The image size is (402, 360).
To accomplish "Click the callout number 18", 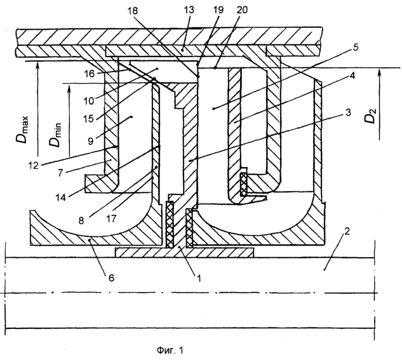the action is pyautogui.click(x=133, y=11).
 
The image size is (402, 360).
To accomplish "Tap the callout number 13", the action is pyautogui.click(x=189, y=10).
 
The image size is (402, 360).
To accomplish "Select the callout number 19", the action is pyautogui.click(x=218, y=10).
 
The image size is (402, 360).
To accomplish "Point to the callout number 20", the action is pyautogui.click(x=242, y=10).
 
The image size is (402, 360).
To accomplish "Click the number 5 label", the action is pyautogui.click(x=356, y=48).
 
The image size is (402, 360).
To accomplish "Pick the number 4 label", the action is pyautogui.click(x=352, y=76).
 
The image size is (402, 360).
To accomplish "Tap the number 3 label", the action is pyautogui.click(x=348, y=112).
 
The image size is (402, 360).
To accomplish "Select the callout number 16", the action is pyautogui.click(x=90, y=74).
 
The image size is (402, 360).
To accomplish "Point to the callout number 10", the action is pyautogui.click(x=88, y=101).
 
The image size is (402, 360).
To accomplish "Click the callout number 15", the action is pyautogui.click(x=88, y=119).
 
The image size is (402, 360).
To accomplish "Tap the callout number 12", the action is pyautogui.click(x=33, y=166).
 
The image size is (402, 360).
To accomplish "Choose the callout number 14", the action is pyautogui.click(x=61, y=197).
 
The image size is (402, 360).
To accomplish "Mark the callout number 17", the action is pyautogui.click(x=111, y=218).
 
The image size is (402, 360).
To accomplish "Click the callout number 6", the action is pyautogui.click(x=111, y=277).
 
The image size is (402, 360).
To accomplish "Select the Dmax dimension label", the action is pyautogui.click(x=23, y=130).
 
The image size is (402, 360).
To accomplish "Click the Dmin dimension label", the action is pyautogui.click(x=56, y=135).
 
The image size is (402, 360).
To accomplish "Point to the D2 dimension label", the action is pyautogui.click(x=371, y=116).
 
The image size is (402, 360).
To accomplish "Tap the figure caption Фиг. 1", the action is pyautogui.click(x=170, y=350).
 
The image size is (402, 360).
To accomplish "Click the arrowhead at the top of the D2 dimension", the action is pyautogui.click(x=380, y=72).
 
